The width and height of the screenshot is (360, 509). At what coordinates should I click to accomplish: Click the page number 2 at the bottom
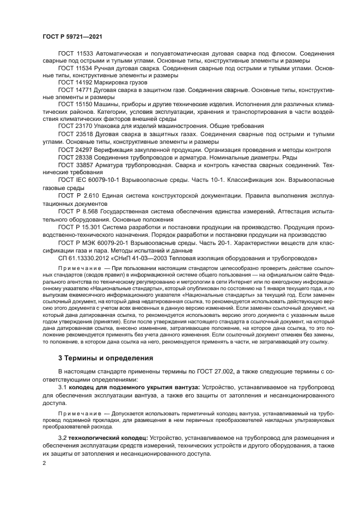click(45, 463)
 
